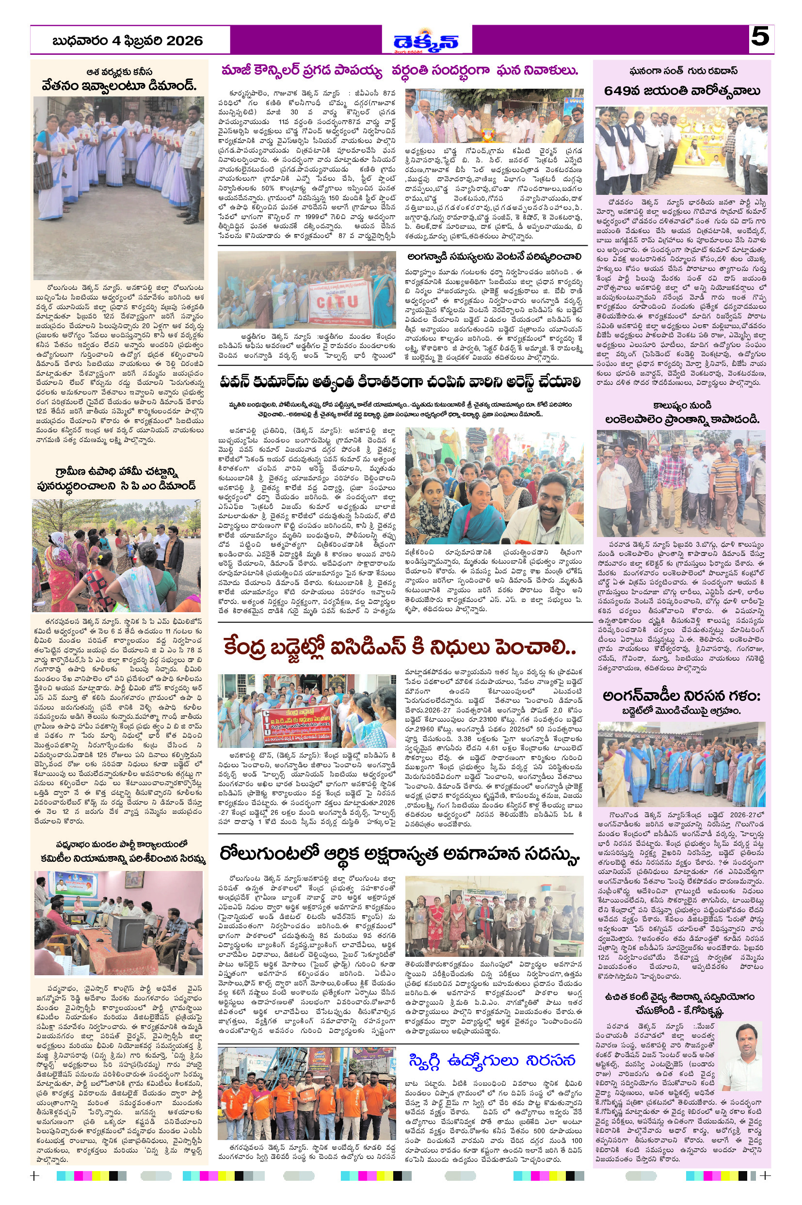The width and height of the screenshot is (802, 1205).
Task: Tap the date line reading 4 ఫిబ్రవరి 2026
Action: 128,41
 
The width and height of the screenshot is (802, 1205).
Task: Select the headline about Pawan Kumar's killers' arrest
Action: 400,381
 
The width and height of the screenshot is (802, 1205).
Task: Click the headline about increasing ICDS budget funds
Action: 400,648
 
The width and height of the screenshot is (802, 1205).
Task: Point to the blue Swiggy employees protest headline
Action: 492,1061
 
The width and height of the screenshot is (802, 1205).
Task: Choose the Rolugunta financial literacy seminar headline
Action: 400,854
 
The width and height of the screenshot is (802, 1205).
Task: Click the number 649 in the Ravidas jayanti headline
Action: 621,91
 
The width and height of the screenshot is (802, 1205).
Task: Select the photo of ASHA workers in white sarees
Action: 118,188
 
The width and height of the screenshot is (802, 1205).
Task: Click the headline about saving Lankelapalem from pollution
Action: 682,419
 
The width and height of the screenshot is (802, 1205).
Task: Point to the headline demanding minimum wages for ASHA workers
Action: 119,84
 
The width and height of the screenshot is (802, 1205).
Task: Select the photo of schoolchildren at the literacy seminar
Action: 494,916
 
